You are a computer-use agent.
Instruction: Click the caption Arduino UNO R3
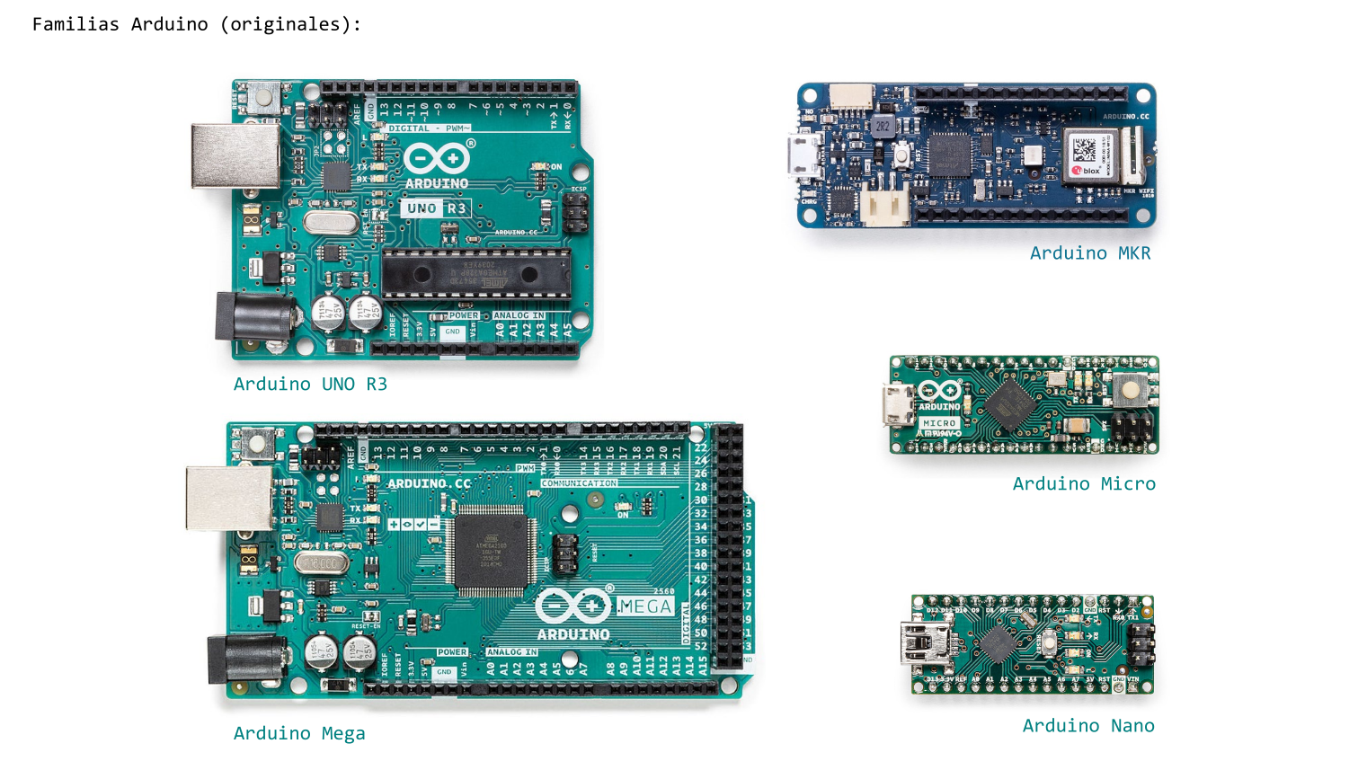coord(310,385)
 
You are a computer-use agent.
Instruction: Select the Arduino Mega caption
coord(299,734)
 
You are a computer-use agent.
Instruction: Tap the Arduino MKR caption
coord(1090,253)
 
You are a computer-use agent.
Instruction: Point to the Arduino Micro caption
coord(1084,484)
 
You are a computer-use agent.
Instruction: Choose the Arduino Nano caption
coord(1088,726)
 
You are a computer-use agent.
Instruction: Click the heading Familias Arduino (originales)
coord(197,24)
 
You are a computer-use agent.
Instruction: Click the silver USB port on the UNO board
coord(235,156)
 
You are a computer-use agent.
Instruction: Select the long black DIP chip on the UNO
coord(475,273)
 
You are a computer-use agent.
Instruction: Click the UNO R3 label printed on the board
coord(436,208)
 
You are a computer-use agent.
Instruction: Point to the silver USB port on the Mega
coord(229,498)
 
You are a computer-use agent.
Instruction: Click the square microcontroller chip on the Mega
coord(491,551)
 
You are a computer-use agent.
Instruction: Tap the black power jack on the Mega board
coord(244,659)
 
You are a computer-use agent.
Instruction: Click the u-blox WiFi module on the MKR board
coord(1092,155)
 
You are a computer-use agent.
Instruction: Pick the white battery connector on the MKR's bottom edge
coord(885,208)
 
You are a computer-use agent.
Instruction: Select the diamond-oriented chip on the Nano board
coord(997,643)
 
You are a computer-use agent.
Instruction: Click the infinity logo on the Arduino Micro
coord(939,391)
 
